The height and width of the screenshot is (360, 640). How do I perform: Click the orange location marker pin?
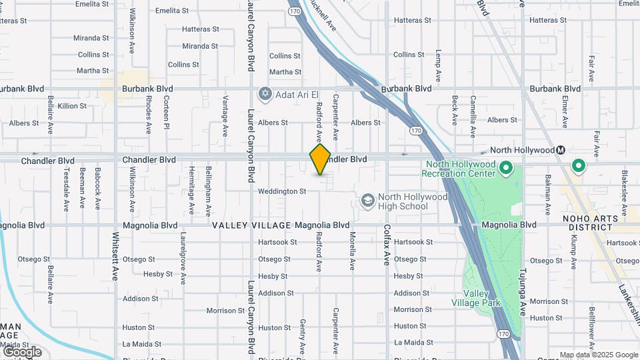click(320, 159)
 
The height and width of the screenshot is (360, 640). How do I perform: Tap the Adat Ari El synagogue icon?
click(265, 93)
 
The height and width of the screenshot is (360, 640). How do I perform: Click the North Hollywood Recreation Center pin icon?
click(505, 168)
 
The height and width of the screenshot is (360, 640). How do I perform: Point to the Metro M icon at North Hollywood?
click(561, 150)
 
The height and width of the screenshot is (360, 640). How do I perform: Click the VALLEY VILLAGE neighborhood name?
click(252, 225)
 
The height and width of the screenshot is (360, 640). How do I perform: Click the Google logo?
click(22, 352)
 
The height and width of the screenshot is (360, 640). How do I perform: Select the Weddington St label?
click(282, 191)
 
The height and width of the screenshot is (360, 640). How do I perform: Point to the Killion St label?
click(72, 106)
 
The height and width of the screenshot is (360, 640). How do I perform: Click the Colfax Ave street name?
click(387, 245)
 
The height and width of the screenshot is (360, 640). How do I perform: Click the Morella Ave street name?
click(352, 251)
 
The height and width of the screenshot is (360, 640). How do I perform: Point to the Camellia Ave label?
click(472, 110)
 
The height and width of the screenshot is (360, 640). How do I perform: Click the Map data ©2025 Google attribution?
click(599, 355)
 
